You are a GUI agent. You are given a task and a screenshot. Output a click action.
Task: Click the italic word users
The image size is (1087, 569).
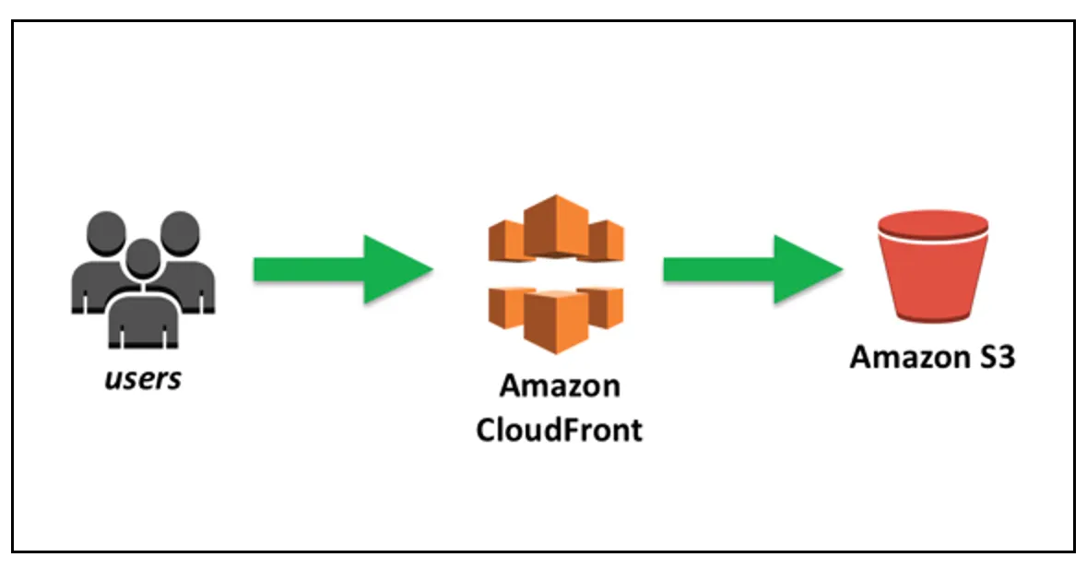coord(144,378)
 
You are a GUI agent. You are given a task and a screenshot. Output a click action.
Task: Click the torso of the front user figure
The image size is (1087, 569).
coord(141,318)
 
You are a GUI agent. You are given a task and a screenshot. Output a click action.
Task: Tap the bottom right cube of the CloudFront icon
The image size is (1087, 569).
coord(605,306)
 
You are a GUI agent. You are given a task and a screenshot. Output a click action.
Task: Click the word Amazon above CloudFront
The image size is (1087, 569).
coord(559,385)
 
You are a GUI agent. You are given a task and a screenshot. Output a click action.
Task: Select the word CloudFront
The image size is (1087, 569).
coord(559,430)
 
